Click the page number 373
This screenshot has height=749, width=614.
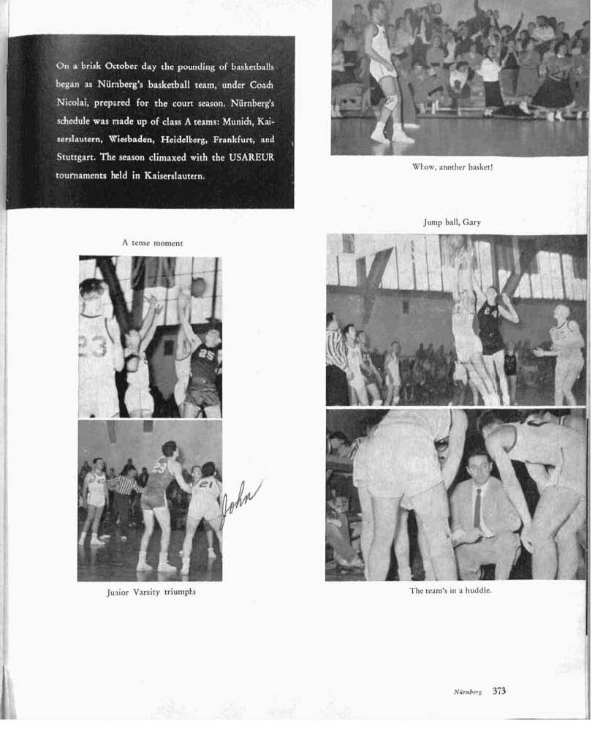[x=499, y=690]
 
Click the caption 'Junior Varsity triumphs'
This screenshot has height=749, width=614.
[x=151, y=592]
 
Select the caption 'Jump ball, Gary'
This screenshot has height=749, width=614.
[x=452, y=222]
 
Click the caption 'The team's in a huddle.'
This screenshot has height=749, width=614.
[x=450, y=590]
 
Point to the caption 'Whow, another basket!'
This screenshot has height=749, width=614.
[x=452, y=167]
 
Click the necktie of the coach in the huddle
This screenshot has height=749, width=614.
[x=477, y=509]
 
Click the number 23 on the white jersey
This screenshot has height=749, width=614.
[x=93, y=345]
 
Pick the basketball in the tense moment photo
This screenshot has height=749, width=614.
[x=198, y=287]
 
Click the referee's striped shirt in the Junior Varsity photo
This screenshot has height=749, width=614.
[x=123, y=484]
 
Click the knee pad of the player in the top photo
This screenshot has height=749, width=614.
[x=391, y=102]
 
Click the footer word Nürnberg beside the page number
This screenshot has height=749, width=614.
[x=467, y=692]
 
